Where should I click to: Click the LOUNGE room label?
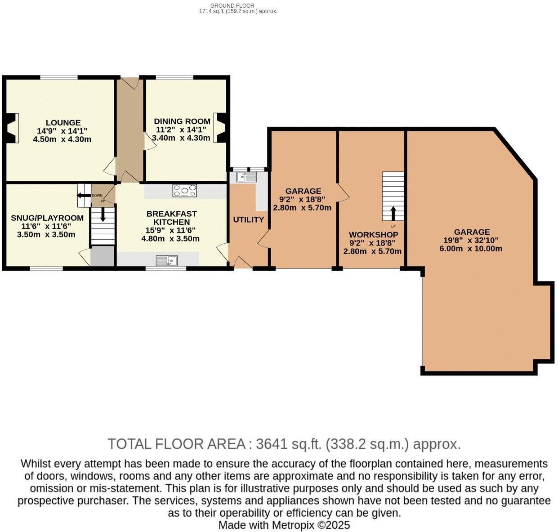click(x=63, y=123)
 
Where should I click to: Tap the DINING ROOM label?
click(x=182, y=121)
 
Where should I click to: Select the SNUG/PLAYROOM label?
click(x=47, y=218)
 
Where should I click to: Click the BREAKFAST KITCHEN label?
click(x=171, y=218)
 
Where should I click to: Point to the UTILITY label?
click(x=248, y=219)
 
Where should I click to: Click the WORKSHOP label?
click(x=373, y=235)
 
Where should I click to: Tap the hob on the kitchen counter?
click(x=185, y=191)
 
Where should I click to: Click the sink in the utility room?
click(x=247, y=177)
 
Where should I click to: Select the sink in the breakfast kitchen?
click(x=166, y=260)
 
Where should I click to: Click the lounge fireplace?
click(x=13, y=128)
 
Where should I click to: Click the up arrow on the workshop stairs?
click(x=393, y=213)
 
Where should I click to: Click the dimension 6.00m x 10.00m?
click(x=471, y=249)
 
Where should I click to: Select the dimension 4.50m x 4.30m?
click(x=62, y=139)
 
